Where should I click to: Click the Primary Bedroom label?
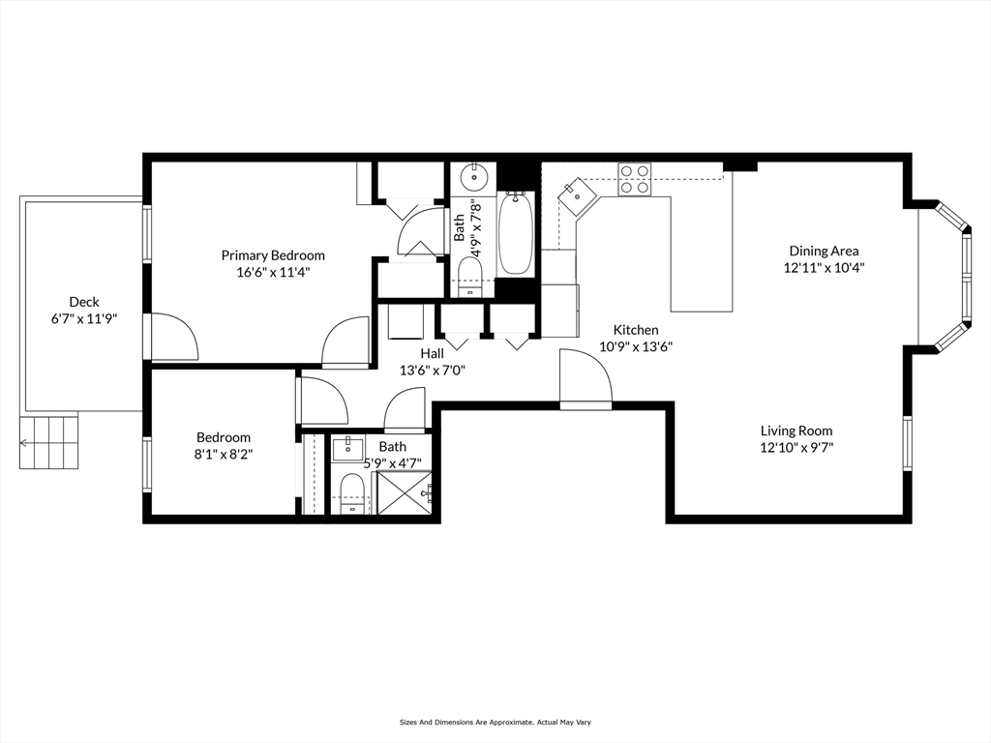(273, 255)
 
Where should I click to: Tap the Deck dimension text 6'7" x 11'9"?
(83, 318)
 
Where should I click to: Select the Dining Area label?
(824, 252)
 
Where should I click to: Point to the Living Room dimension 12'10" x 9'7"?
(796, 447)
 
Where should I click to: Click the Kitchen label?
(635, 330)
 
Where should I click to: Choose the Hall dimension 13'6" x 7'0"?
(433, 370)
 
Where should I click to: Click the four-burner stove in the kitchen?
(635, 180)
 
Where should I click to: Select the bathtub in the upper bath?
(515, 234)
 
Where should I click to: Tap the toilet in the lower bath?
(352, 494)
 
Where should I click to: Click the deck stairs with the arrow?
(49, 441)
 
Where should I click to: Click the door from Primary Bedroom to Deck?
(172, 337)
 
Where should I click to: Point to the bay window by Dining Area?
(953, 276)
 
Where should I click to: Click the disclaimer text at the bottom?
(495, 722)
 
